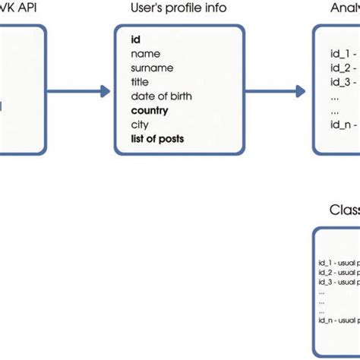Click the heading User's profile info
[x=178, y=9]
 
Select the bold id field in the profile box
[x=135, y=39]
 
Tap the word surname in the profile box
[x=151, y=68]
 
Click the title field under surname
[x=140, y=82]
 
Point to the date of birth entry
[x=161, y=96]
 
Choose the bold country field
[x=149, y=111]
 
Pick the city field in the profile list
[x=139, y=125]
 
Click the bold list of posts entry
[x=156, y=139]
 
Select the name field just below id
[x=144, y=53]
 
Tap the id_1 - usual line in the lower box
[x=339, y=264]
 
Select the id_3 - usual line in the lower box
[x=339, y=282]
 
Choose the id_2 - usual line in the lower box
[x=339, y=273]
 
